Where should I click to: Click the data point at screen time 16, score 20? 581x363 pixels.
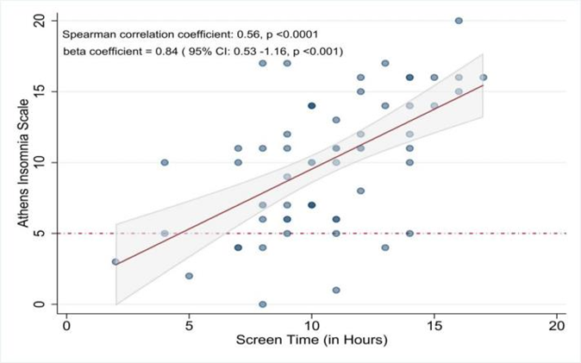click(459, 21)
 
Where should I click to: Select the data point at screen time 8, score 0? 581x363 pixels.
click(262, 304)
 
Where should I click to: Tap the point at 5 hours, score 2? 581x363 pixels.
click(189, 276)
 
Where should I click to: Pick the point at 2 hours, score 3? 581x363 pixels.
click(116, 262)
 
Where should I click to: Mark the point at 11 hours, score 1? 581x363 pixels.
click(336, 290)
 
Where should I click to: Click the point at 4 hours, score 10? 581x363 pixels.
click(165, 162)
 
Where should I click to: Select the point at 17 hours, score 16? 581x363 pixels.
click(484, 78)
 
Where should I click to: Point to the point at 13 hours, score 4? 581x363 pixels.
click(385, 247)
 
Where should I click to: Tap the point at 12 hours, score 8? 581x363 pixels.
click(360, 191)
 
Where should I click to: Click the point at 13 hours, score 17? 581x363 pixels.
click(385, 64)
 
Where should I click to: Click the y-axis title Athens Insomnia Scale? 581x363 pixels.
click(23, 163)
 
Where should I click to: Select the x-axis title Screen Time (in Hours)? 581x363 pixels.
click(312, 340)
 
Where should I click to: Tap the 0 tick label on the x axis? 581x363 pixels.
click(66, 326)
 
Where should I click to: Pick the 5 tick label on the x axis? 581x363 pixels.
click(189, 326)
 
